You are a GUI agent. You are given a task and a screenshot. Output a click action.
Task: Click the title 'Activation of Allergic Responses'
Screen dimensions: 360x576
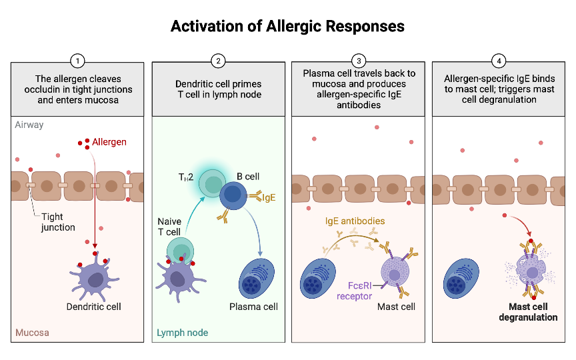click(287, 26)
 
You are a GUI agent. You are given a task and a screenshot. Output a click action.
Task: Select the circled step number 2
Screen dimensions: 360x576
click(218, 61)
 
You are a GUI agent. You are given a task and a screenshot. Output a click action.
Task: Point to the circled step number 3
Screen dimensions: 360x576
click(358, 61)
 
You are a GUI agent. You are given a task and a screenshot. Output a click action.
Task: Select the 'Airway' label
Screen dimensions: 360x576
click(29, 125)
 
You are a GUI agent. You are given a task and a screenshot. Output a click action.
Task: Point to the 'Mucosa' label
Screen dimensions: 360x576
click(32, 332)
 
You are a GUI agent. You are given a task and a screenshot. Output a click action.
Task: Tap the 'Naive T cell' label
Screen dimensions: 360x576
click(169, 226)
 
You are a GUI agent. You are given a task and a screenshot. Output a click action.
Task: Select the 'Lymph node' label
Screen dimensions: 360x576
click(182, 332)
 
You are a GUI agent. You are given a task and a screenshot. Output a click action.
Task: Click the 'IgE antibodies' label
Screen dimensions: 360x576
click(355, 221)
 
